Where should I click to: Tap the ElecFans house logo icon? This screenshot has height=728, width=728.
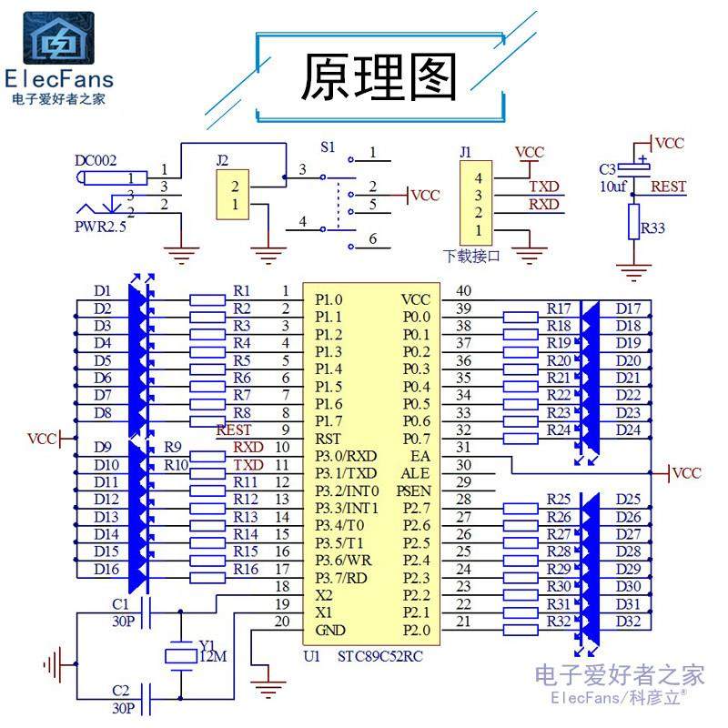pyautogui.click(x=58, y=39)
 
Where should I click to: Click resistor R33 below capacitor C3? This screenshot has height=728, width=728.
pyautogui.click(x=634, y=222)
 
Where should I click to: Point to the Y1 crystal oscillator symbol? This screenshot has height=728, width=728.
pyautogui.click(x=180, y=654)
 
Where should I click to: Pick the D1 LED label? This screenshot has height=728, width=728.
pyautogui.click(x=102, y=291)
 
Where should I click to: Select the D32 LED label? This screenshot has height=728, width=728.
pyautogui.click(x=628, y=622)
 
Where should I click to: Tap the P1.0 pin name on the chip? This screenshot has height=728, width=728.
pyautogui.click(x=329, y=299)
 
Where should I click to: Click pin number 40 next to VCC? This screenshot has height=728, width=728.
pyautogui.click(x=464, y=291)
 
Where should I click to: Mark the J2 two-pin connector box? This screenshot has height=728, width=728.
pyautogui.click(x=233, y=195)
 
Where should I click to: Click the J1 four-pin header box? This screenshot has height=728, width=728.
pyautogui.click(x=477, y=204)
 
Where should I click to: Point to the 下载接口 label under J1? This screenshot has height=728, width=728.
pyautogui.click(x=471, y=256)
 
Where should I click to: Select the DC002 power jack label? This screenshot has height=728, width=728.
pyautogui.click(x=96, y=161)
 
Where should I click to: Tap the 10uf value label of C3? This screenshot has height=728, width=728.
pyautogui.click(x=612, y=186)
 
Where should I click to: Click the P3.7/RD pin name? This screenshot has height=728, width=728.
pyautogui.click(x=341, y=578)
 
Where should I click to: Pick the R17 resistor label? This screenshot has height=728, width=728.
pyautogui.click(x=559, y=308)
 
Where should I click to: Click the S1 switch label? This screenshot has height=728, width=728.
pyautogui.click(x=328, y=147)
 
